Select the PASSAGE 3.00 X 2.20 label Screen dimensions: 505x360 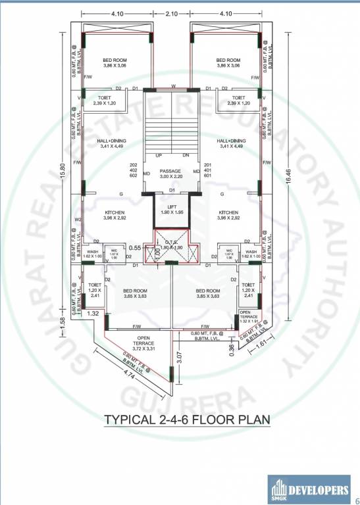tap(170, 174)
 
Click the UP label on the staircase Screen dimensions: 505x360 tap(159, 155)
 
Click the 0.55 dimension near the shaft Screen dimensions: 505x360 tap(136, 248)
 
